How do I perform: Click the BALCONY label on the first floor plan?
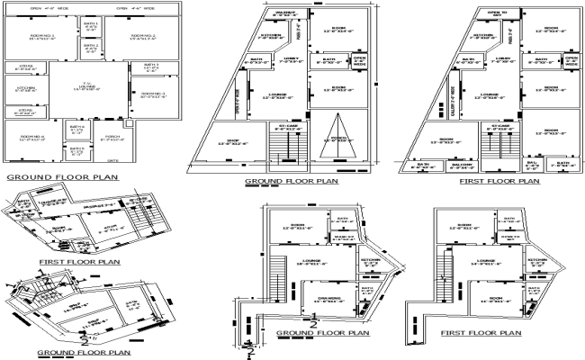point(490,166)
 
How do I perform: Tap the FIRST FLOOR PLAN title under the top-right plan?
point(499,181)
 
